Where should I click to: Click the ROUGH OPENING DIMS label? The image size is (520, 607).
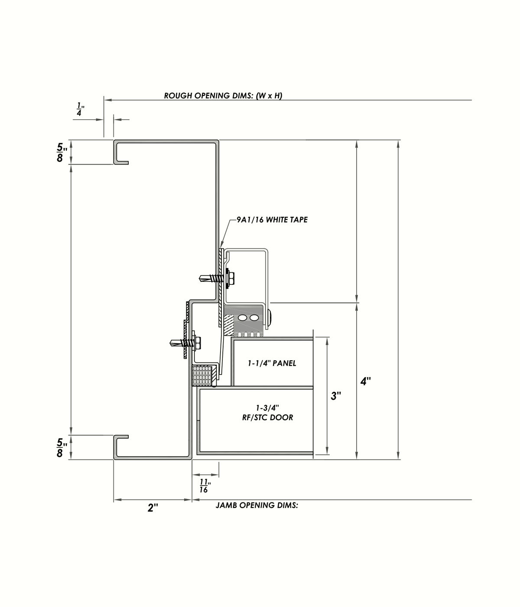tap(223, 96)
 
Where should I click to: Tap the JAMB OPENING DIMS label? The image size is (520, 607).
tap(257, 505)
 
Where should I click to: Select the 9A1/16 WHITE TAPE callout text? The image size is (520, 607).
tap(272, 220)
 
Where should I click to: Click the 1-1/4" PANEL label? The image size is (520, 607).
tap(272, 363)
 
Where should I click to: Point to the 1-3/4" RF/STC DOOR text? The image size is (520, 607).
tap(267, 413)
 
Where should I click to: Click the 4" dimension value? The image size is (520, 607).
tap(366, 382)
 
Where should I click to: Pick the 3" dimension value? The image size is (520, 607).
tap(336, 396)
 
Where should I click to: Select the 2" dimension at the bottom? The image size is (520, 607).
tap(153, 508)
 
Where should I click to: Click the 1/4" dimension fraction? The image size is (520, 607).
tap(80, 109)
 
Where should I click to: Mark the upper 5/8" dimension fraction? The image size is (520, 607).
tap(61, 153)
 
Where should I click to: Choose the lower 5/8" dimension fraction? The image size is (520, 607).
tap(61, 448)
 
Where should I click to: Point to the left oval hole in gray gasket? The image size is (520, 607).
tap(242, 318)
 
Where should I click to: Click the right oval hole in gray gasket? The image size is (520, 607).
tap(253, 318)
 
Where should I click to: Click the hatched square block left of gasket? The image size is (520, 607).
tap(228, 321)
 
